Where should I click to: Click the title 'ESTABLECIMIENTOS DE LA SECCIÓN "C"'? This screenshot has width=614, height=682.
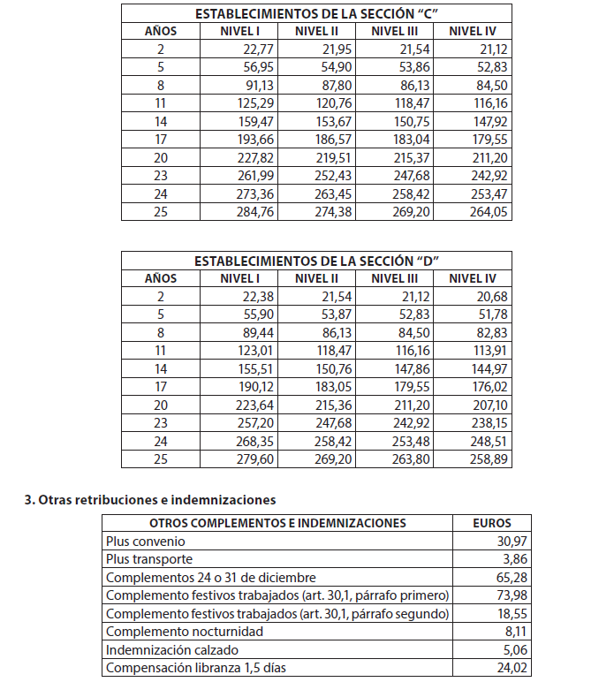[316, 13]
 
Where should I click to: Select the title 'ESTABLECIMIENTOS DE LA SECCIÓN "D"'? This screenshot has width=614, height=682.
[316, 261]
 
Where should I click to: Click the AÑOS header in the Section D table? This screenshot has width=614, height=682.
[161, 278]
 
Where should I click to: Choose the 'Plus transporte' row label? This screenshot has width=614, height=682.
[149, 559]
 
